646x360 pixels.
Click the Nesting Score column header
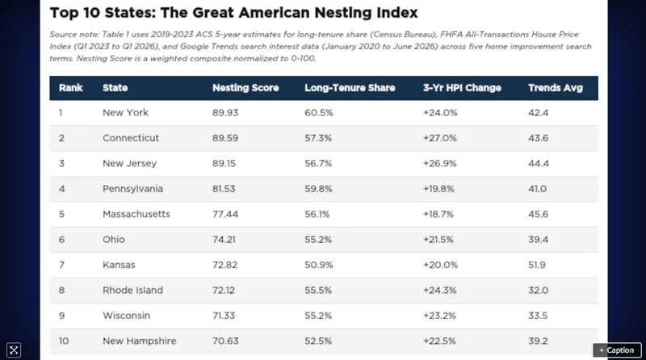pos(245,88)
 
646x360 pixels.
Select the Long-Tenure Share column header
pos(350,88)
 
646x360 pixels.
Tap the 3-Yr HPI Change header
pos(462,88)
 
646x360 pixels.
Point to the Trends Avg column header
pos(556,88)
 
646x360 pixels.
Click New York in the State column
pos(125,112)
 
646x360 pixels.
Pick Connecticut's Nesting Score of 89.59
pos(225,138)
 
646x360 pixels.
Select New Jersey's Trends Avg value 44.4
pos(539,164)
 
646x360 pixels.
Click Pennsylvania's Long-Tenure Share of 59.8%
pos(318,189)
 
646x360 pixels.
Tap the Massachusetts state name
pos(136,214)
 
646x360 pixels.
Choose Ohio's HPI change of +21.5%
pos(438,239)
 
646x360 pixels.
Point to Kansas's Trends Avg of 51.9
pos(537,265)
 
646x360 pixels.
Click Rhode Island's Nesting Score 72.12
pos(224,290)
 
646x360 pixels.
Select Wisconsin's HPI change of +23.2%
pos(439,316)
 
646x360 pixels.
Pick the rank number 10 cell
pos(64,341)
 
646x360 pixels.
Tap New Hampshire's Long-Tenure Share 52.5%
pos(318,341)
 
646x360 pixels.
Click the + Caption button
pos(617,350)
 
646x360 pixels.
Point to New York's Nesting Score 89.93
pos(225,112)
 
